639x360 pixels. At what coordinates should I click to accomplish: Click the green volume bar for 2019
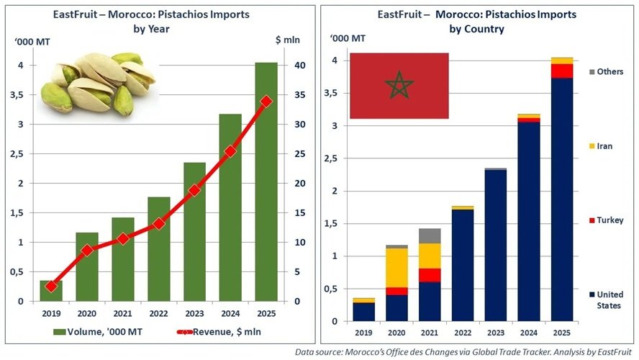pos(50,290)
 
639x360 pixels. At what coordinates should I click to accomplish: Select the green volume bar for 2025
pos(266,180)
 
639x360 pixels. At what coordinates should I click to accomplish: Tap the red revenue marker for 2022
pos(158,224)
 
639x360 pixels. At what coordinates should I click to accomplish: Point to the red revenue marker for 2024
pos(230,151)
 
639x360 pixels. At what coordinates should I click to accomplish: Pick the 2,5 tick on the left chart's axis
pos(19,154)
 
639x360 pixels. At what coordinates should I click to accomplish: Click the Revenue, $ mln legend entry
pos(216,332)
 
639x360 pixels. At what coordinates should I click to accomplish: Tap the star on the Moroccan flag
pos(399,86)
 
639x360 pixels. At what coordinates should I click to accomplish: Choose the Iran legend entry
pos(604,146)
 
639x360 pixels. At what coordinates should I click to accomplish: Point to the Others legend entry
pos(609,72)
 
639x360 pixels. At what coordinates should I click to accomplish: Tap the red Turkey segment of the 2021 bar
pos(430,275)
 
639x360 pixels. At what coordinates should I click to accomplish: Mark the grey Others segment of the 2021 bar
pos(430,235)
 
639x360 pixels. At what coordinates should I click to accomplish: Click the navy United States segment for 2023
pos(496,245)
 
